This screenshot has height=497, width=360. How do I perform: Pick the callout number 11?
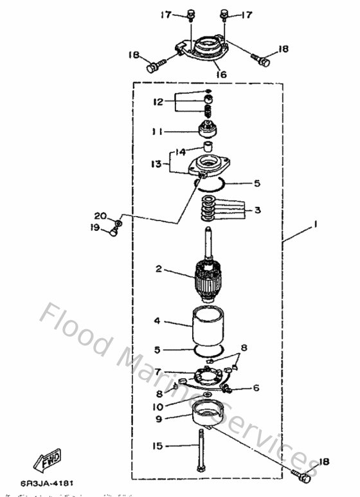pos(157,132)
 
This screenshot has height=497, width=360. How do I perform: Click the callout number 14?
pos(180,152)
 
